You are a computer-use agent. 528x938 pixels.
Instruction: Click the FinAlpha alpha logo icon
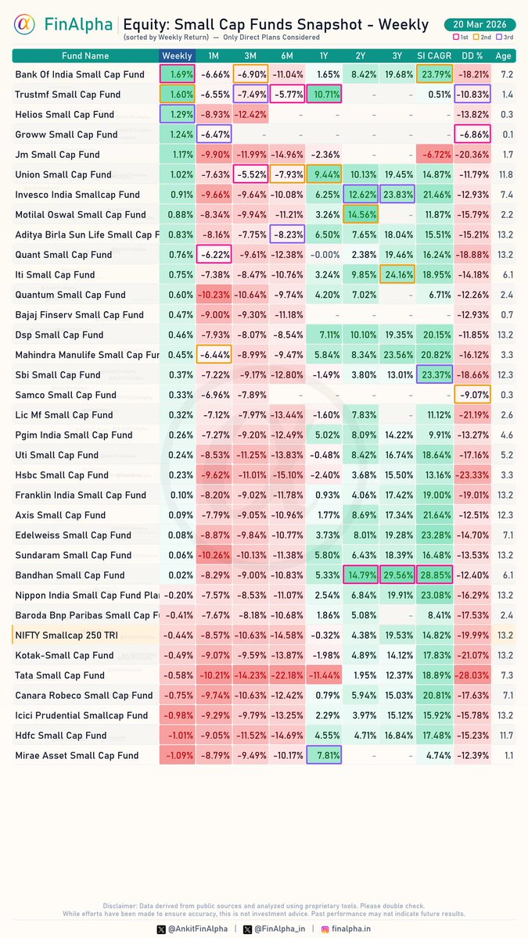point(24,26)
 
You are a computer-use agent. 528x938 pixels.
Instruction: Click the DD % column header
point(472,55)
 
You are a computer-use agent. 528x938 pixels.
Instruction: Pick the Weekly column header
point(177,55)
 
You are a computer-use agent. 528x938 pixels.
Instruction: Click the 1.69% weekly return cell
point(177,74)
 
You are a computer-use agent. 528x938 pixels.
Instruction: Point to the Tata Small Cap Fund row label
point(60,675)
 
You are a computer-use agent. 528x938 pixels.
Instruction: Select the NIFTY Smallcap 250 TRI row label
point(66,635)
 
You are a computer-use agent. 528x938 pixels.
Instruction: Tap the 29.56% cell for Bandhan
point(397,575)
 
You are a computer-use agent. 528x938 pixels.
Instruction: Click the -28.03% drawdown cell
point(472,675)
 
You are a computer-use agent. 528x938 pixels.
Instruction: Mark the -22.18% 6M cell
point(286,675)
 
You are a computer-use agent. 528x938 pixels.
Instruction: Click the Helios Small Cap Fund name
point(65,115)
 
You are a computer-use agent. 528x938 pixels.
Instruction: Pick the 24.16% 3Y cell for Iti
point(397,275)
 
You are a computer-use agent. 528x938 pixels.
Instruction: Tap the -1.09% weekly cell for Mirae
point(177,755)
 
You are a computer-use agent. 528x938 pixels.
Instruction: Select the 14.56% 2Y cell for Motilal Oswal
point(360,215)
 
